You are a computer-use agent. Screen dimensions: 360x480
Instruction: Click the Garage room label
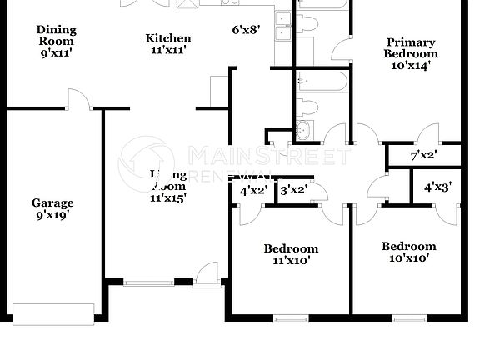coord(52,202)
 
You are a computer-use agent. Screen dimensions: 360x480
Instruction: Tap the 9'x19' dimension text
coord(52,215)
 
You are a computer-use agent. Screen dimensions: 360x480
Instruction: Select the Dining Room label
coord(56,35)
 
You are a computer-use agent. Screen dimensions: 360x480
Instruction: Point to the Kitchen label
coord(168,38)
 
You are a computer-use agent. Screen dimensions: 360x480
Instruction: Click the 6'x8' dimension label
coord(246,30)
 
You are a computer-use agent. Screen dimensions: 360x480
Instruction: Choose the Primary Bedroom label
coord(410,48)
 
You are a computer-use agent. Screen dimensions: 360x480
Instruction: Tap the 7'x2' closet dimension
coord(423,155)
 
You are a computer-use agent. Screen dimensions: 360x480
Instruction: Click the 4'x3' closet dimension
coord(437,187)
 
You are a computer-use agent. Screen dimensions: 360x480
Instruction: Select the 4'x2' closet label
coord(253,190)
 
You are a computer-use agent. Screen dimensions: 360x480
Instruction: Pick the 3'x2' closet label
coord(292,190)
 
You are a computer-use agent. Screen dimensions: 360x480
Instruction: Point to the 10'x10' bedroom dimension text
coord(408,258)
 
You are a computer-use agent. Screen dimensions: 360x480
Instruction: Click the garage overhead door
coord(52,314)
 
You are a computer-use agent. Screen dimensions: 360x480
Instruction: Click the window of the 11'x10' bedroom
coord(289,317)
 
